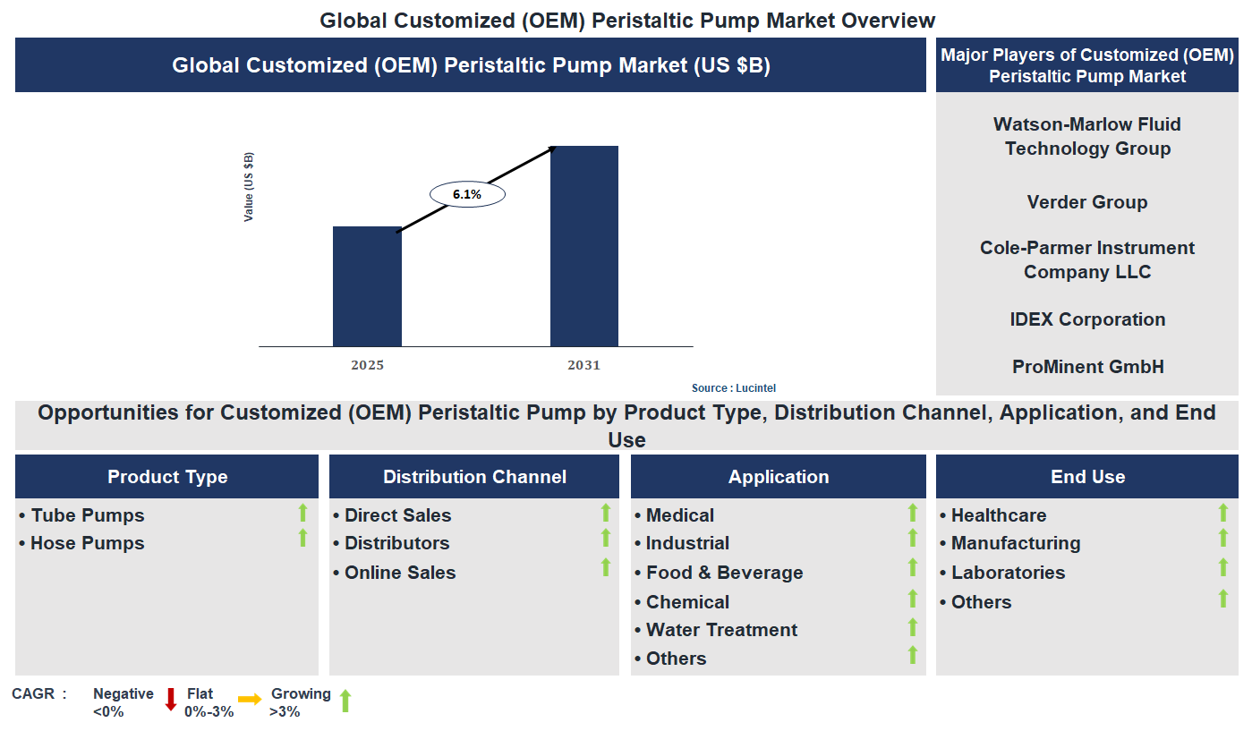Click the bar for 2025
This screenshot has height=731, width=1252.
pyautogui.click(x=367, y=286)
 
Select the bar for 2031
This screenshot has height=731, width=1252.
pyautogui.click(x=583, y=246)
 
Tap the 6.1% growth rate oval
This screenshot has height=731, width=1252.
pyautogui.click(x=467, y=194)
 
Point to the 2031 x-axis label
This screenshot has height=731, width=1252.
pyautogui.click(x=583, y=365)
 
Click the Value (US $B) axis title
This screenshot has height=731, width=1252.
pyautogui.click(x=249, y=187)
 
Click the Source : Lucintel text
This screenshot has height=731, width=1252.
pyautogui.click(x=733, y=388)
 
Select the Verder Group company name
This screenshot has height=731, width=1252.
pyautogui.click(x=1086, y=202)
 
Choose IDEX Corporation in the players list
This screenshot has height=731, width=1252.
pyautogui.click(x=1086, y=319)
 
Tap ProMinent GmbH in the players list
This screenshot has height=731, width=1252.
pyautogui.click(x=1086, y=367)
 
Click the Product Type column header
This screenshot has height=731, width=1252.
pyautogui.click(x=167, y=477)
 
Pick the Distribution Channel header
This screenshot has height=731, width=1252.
pyautogui.click(x=474, y=477)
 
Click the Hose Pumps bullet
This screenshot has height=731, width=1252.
pyautogui.click(x=87, y=543)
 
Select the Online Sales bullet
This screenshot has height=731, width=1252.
pyautogui.click(x=399, y=573)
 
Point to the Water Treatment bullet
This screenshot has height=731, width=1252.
pyautogui.click(x=721, y=630)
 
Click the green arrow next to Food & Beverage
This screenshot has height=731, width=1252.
pyautogui.click(x=913, y=567)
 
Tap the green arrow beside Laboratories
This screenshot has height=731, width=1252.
pyautogui.click(x=1223, y=567)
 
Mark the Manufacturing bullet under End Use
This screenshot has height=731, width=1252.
pyautogui.click(x=1015, y=543)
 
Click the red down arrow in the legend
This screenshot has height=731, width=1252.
pyautogui.click(x=171, y=700)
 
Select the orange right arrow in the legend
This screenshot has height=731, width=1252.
pyautogui.click(x=250, y=699)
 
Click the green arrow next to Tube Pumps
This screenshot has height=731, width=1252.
pyautogui.click(x=302, y=513)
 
